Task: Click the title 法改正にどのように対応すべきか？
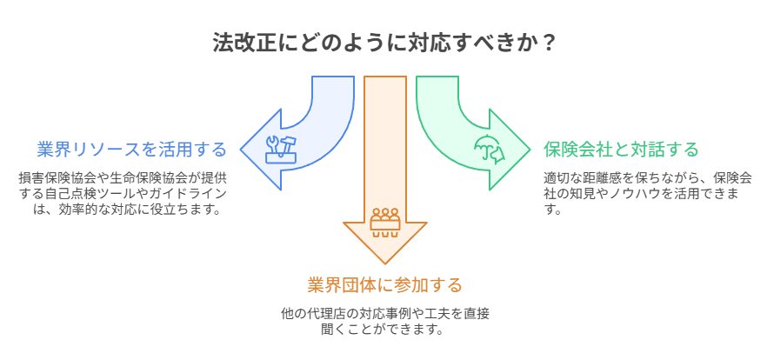[383, 42]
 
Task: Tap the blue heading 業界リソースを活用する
[131, 150]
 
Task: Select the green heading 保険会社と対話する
[621, 150]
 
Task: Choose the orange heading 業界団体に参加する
[384, 285]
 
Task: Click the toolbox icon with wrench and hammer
[281, 149]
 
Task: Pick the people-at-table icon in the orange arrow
[384, 221]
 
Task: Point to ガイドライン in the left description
[191, 192]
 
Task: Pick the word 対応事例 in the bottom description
[376, 313]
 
